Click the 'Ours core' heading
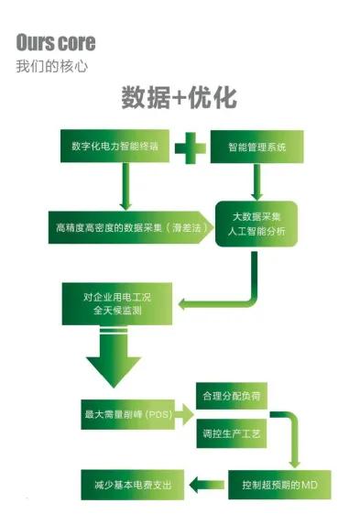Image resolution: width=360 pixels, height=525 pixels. (x=55, y=43)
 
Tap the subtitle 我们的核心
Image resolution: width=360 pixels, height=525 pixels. (x=52, y=67)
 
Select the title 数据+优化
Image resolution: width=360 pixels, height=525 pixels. (x=179, y=98)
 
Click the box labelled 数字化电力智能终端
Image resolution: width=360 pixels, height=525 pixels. (x=114, y=146)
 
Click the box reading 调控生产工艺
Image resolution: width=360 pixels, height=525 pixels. (x=232, y=432)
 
